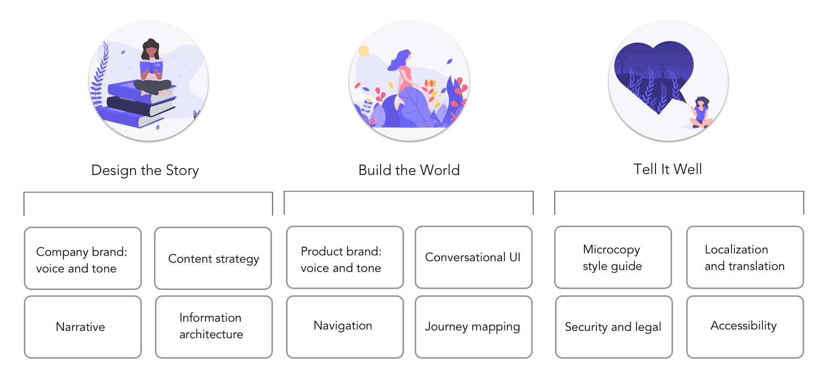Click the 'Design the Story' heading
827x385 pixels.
[x=145, y=170]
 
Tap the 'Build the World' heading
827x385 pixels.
[x=409, y=170]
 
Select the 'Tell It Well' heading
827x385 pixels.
[x=668, y=169]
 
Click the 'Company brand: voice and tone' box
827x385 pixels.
[x=83, y=258]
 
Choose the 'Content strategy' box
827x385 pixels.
[x=213, y=258]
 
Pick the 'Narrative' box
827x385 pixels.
[x=83, y=327]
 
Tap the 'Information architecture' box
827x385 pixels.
[x=213, y=327]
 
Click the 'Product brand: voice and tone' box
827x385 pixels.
[x=345, y=257]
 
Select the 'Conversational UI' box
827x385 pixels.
[x=473, y=257]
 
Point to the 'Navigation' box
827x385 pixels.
[x=345, y=327]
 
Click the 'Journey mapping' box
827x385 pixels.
[x=473, y=327]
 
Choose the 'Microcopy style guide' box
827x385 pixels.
[x=613, y=257]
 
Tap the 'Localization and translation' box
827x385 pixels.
[x=745, y=257]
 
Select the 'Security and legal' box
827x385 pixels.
[x=614, y=327]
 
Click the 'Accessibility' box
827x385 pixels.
[x=745, y=327]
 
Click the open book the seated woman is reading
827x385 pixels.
[x=151, y=66]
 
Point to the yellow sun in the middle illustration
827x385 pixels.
[x=364, y=51]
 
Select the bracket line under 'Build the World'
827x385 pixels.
[x=408, y=192]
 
